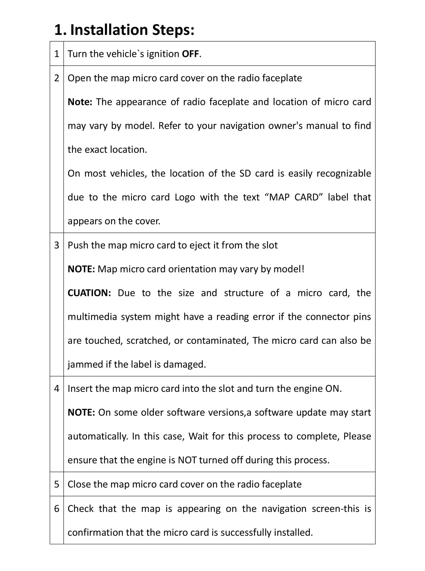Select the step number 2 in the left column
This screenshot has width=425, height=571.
pos(57,78)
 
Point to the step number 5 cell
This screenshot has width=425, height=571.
pos(57,484)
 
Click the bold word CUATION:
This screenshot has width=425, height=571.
pos(89,293)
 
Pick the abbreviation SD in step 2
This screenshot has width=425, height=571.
pos(245,174)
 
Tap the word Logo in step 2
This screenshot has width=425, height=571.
pos(185,198)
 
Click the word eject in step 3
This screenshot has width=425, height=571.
pos(200,246)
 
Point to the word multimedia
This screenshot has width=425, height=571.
pos(92,317)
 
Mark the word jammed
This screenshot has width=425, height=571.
pos(85,365)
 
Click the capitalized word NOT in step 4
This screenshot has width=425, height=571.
pos(187,460)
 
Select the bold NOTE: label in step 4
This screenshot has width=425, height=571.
pos(81,413)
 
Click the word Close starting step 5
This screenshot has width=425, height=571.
pos(79,484)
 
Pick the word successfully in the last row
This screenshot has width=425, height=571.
pos(245,533)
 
